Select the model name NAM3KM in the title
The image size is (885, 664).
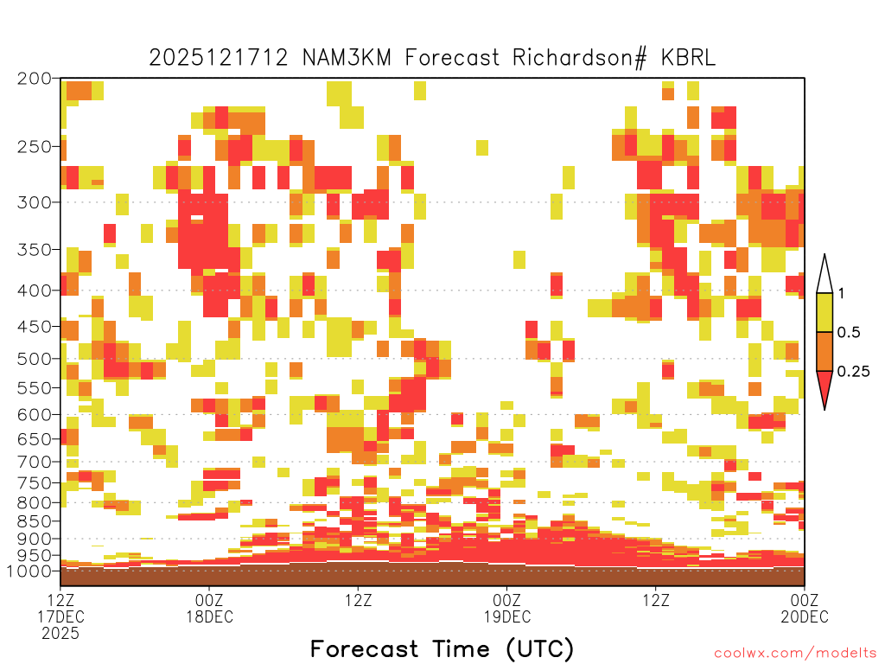(x=347, y=58)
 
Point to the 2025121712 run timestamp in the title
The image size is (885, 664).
(x=219, y=58)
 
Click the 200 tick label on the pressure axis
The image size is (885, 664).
(x=35, y=79)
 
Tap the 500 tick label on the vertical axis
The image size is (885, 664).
(x=35, y=359)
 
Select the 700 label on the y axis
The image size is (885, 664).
(x=35, y=462)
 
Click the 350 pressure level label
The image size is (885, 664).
(x=35, y=249)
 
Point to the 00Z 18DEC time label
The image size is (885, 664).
(x=209, y=608)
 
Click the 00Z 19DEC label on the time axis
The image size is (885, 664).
(x=506, y=608)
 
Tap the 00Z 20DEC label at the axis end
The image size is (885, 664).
(x=805, y=608)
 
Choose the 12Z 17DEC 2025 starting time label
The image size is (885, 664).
(x=60, y=616)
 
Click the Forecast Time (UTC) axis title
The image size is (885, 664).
(x=442, y=648)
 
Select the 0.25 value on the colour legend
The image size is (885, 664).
(x=853, y=371)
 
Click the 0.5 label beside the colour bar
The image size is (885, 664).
(x=849, y=332)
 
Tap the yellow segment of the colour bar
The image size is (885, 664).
(x=825, y=312)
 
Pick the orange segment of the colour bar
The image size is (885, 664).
(x=825, y=351)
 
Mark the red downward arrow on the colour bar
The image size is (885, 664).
(x=825, y=386)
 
